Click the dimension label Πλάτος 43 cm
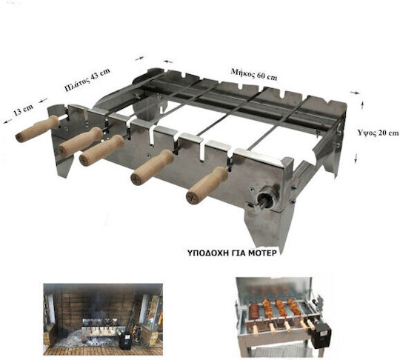(87, 79)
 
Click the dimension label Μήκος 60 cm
(254, 74)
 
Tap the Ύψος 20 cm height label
(378, 133)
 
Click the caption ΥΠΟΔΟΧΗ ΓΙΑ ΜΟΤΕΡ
(232, 253)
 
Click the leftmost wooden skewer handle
(38, 129)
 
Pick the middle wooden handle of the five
(101, 150)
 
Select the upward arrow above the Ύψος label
(362, 105)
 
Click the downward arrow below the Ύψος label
(356, 158)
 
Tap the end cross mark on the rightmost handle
(192, 197)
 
